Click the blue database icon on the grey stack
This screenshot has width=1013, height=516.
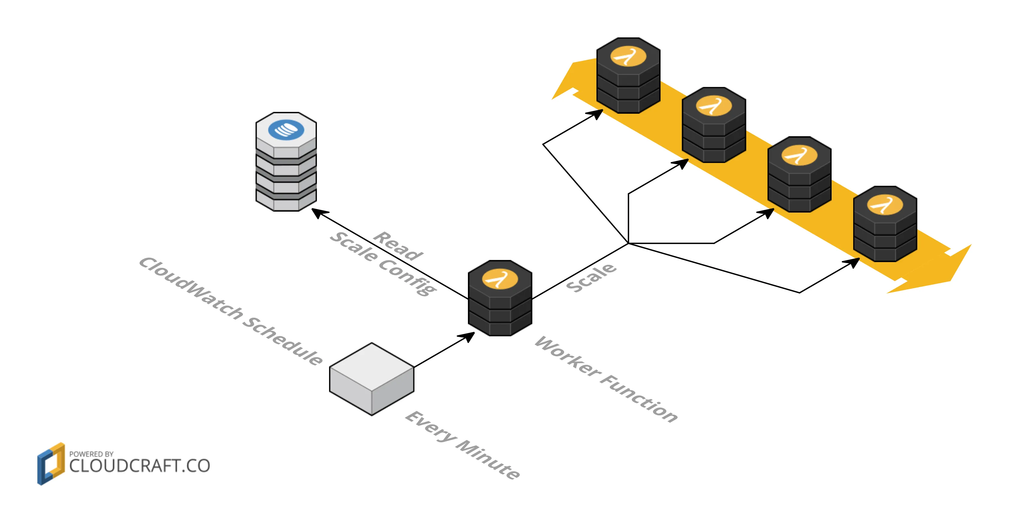[286, 130]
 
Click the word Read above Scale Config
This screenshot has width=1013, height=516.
[398, 246]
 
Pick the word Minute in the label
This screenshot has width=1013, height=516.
[488, 460]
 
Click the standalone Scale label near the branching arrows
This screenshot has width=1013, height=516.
[591, 278]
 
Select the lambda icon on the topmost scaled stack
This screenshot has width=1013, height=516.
[628, 56]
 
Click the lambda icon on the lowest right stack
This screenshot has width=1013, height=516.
[885, 205]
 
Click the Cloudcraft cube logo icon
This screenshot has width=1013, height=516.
[51, 464]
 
